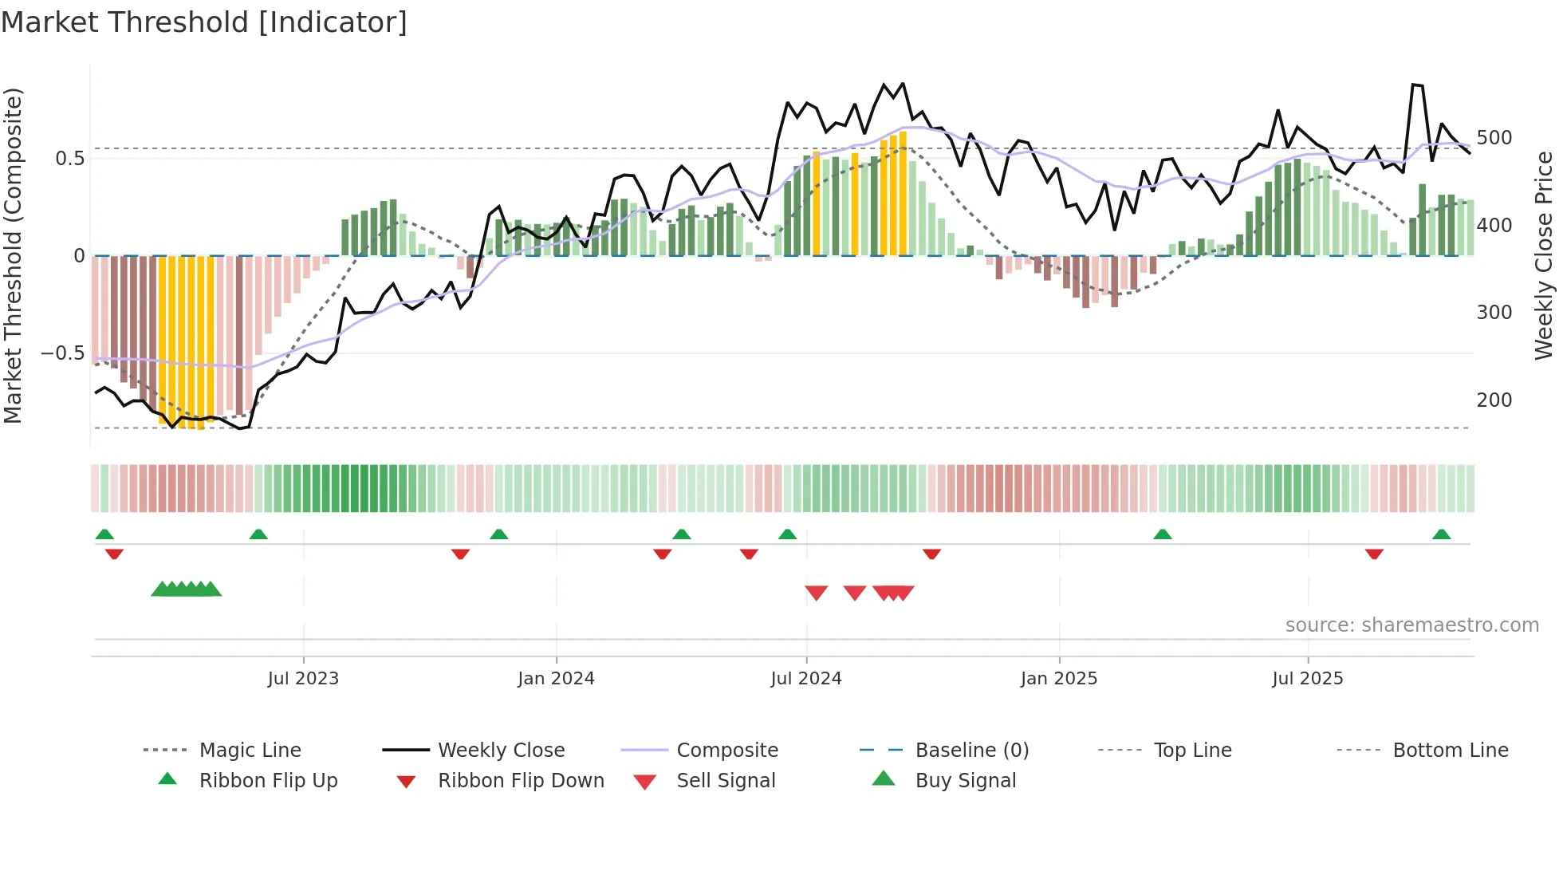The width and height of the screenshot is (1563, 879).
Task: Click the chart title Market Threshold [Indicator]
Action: tap(204, 22)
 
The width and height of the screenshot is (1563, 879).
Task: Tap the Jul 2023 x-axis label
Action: tap(303, 679)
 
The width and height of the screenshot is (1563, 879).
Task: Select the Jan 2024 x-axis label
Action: tap(556, 679)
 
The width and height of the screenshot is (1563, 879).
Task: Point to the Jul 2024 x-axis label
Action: tap(805, 679)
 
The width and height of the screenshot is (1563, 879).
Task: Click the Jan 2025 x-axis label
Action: tap(1058, 679)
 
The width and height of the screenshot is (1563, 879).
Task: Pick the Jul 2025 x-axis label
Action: tap(1307, 679)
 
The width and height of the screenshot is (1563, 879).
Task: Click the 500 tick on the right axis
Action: tap(1494, 138)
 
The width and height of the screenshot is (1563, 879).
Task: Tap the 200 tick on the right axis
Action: tap(1494, 400)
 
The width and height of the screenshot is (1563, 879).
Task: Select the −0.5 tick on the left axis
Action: tap(62, 353)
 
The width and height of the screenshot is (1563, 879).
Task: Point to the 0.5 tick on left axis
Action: tap(69, 159)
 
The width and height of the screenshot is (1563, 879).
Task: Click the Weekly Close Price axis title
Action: tap(1544, 255)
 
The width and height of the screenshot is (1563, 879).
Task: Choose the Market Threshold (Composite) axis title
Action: tap(14, 255)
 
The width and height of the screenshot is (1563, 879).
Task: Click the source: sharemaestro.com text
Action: tap(1411, 625)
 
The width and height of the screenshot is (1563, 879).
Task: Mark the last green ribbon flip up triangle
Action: tap(1441, 534)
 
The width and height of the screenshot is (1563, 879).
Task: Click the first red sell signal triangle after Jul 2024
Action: tap(816, 593)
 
